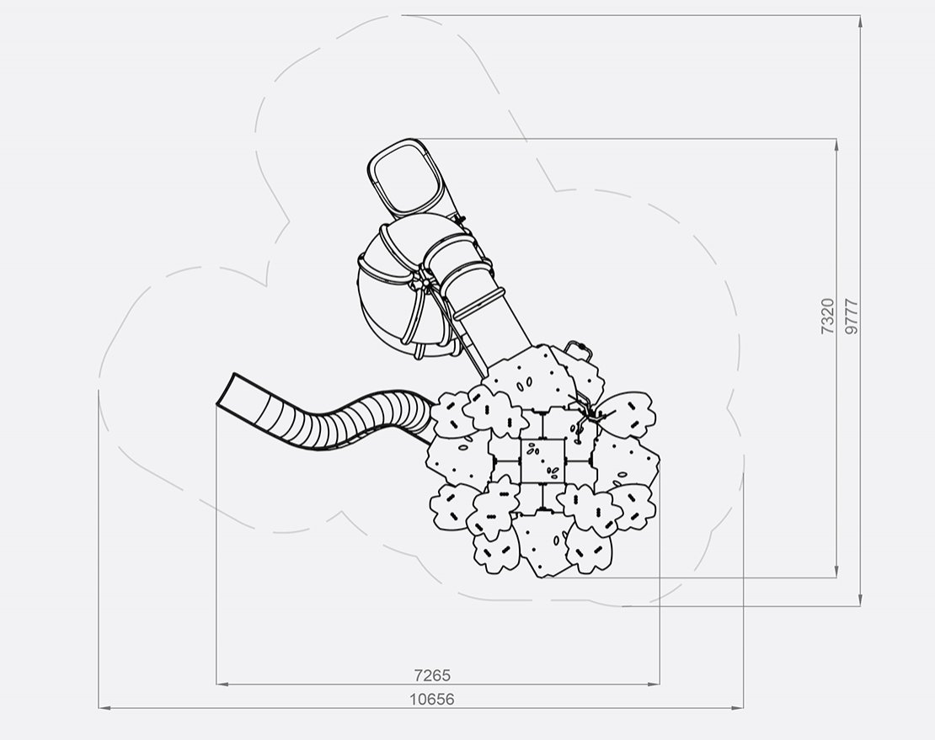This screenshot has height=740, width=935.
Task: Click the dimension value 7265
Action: tap(432, 675)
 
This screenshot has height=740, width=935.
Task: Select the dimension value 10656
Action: tap(432, 699)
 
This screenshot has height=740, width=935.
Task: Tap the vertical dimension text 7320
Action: tap(828, 316)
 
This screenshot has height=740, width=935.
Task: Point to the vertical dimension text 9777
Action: tap(852, 316)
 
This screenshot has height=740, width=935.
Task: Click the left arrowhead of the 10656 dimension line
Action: tap(104, 708)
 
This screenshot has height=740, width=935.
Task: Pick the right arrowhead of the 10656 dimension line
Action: tap(738, 708)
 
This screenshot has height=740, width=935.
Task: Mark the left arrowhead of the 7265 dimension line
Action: tap(222, 684)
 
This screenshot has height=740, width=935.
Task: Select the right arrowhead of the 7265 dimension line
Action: tap(654, 684)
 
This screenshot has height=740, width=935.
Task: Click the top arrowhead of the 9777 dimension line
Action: tap(860, 21)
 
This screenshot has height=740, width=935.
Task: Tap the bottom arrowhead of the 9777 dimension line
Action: tap(860, 600)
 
